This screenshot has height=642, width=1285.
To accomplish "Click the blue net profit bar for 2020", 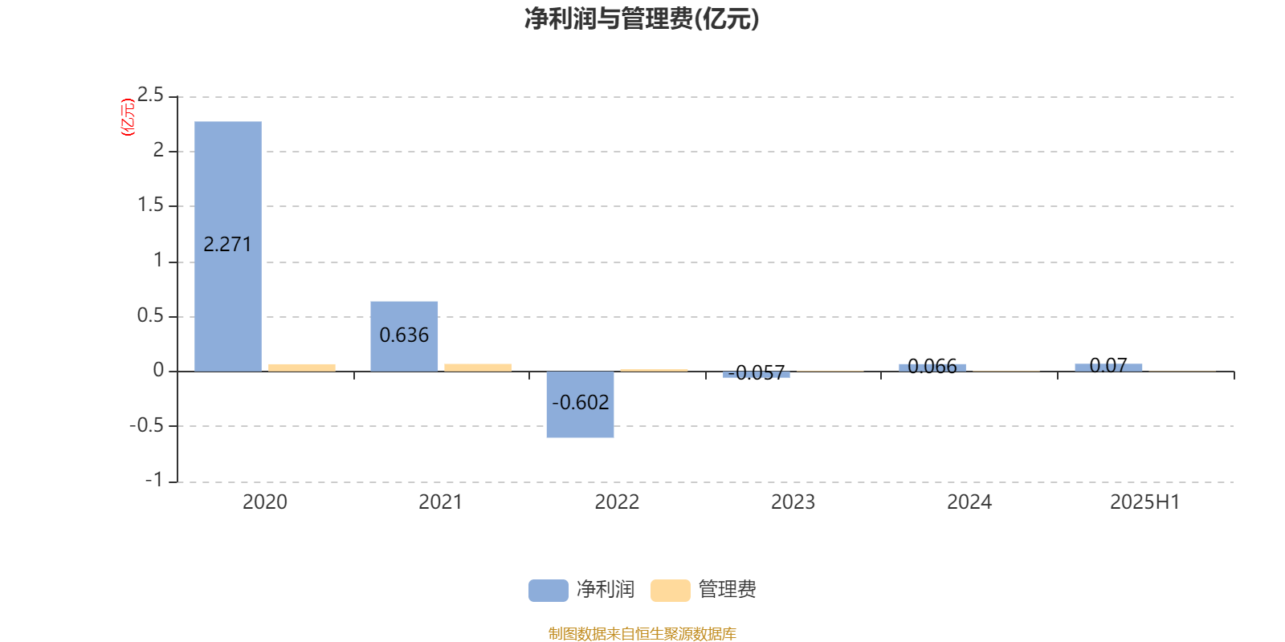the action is click(x=228, y=246).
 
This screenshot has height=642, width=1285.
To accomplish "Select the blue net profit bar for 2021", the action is click(x=404, y=336).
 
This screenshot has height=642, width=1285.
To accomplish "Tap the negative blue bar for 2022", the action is click(x=580, y=404).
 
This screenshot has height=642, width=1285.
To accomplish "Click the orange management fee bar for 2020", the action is click(x=302, y=368).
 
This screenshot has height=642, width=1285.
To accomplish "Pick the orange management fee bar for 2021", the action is click(x=478, y=368).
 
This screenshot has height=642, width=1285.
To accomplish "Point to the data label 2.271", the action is click(x=228, y=245).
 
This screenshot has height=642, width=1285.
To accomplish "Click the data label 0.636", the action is click(x=404, y=335).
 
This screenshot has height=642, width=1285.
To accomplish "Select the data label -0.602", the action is click(x=580, y=403).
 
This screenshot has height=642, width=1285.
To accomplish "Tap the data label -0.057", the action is click(x=756, y=373).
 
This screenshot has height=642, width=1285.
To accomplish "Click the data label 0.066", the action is click(x=932, y=366).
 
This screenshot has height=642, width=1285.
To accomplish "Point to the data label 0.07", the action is click(x=1108, y=365).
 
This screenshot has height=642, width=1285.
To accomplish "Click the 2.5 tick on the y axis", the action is click(x=150, y=95).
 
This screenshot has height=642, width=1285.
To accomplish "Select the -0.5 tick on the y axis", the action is click(x=146, y=426).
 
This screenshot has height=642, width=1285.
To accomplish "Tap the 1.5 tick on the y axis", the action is click(x=150, y=205).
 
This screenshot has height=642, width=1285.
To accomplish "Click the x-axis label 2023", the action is click(x=793, y=502).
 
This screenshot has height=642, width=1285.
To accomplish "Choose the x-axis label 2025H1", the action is click(x=1145, y=502).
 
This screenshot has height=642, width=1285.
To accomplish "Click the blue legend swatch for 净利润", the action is click(x=549, y=591).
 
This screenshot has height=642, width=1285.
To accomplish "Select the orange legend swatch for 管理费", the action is click(x=670, y=591).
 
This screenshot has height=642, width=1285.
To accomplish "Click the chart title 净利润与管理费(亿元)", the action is click(x=642, y=19).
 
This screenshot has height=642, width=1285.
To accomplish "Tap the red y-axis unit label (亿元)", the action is click(x=128, y=117).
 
